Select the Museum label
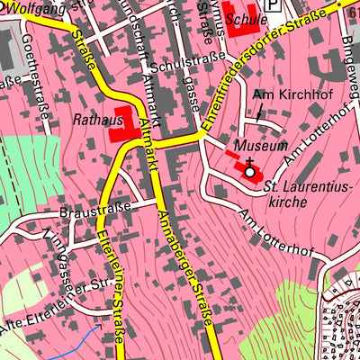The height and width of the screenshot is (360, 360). point(260,145)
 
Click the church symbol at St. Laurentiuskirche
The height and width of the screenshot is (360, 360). point(249,169)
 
